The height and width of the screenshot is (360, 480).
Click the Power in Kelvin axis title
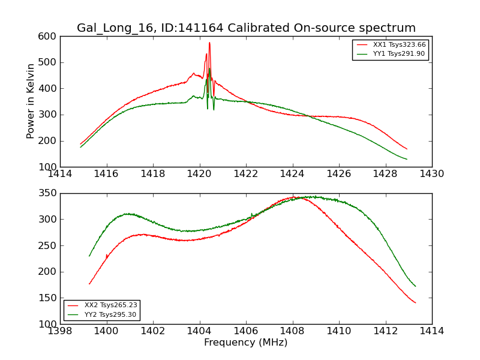pos(31,101)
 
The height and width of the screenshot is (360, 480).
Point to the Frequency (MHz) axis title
pos(245,343)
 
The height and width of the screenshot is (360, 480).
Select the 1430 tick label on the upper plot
pos(431,174)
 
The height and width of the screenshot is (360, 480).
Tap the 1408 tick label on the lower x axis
pos(292,331)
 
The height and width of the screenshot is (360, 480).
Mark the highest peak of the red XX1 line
pos(209,43)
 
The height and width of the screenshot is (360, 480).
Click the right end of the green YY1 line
pos(407,159)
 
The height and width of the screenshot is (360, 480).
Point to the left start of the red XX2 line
pos(89,284)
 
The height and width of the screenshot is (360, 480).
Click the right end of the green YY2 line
pos(415,286)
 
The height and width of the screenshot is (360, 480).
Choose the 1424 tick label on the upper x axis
pos(292,174)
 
